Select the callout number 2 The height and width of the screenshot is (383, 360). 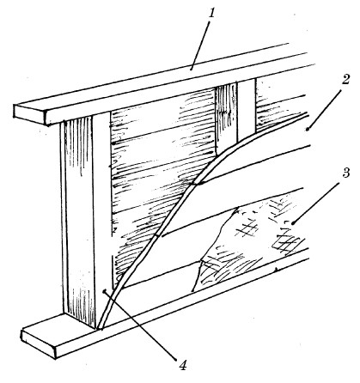coord(345,79)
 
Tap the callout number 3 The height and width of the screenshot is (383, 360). coord(345,172)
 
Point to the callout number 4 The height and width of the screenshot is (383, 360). coord(183,365)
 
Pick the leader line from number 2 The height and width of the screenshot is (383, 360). coord(324,109)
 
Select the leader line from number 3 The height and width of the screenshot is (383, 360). coord(317,200)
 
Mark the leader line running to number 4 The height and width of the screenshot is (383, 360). coord(140,325)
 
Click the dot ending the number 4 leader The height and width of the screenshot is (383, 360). coord(105,291)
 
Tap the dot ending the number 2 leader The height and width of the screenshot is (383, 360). coord(307,130)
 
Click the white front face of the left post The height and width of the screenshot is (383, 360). coord(102,212)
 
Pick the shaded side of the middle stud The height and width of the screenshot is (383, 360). coord(226,118)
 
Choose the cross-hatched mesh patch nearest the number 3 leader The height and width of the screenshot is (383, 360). coord(288,243)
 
